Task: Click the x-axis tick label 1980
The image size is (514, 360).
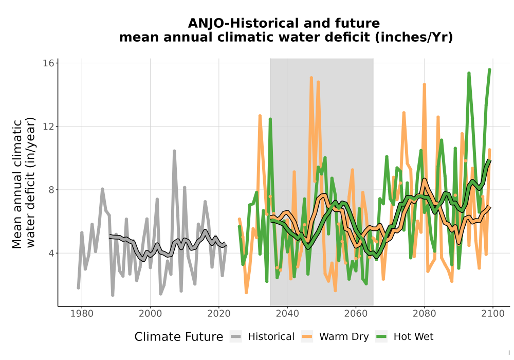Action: coord(82,314)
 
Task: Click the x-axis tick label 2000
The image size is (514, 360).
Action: coord(150,314)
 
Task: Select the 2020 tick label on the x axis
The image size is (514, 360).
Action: coord(218,314)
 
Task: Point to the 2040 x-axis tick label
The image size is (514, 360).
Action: coord(287,314)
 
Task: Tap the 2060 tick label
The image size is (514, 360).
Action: coord(356,314)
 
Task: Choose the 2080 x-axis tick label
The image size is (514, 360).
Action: coord(424,314)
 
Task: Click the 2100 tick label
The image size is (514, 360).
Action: coord(493,314)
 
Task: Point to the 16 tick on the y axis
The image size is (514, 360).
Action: coord(48,63)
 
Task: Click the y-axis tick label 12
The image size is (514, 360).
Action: coord(48,126)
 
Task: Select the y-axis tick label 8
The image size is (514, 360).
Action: coord(51,190)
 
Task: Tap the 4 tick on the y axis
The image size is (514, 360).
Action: coord(51,253)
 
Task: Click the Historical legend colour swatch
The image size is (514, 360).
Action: coord(235,336)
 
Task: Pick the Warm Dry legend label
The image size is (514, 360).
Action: coord(344,337)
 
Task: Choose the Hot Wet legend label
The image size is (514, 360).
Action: coord(413,337)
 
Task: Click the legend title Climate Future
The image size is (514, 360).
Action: coord(179,337)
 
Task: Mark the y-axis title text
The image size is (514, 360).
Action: coord(24,183)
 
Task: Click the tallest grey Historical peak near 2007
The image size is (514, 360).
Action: coord(174,151)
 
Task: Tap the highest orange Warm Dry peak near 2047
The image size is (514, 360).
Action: coord(311,78)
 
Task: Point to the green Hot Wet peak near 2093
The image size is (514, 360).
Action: coord(469,74)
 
